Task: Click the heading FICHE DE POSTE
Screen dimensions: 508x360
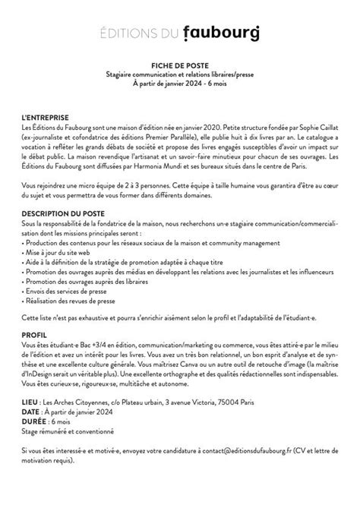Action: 179,66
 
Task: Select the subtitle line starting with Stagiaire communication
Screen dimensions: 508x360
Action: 179,74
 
